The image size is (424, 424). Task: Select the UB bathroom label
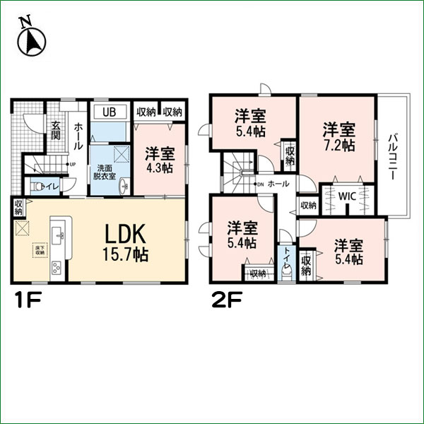coord(109,112)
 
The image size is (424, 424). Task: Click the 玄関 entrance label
coord(55,132)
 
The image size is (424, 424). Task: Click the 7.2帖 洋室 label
coord(338,136)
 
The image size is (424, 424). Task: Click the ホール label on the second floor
coord(278,183)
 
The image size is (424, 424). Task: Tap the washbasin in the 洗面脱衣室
coord(123,186)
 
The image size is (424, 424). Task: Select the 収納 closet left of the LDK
coord(18,207)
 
